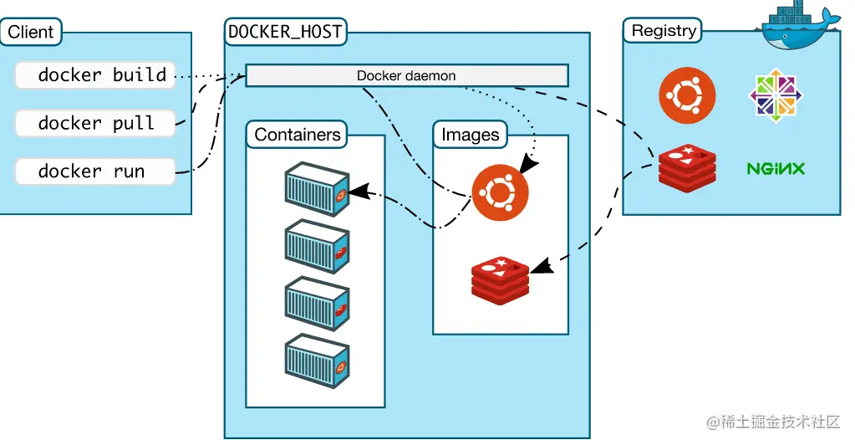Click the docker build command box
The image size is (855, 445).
pyautogui.click(x=95, y=75)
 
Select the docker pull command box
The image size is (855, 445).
pyautogui.click(x=95, y=124)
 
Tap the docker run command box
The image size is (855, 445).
pyautogui.click(x=95, y=171)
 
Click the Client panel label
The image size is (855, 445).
pyautogui.click(x=31, y=33)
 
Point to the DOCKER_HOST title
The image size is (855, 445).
pyautogui.click(x=286, y=32)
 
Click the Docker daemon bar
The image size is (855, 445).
pyautogui.click(x=406, y=75)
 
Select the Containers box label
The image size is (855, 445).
pyautogui.click(x=298, y=135)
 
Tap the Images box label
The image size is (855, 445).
pyautogui.click(x=470, y=135)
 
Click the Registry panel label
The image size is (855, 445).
pyautogui.click(x=664, y=31)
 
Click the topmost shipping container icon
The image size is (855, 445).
pyautogui.click(x=317, y=188)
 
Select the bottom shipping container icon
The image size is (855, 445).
pyautogui.click(x=317, y=361)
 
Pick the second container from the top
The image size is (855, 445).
pyautogui.click(x=317, y=246)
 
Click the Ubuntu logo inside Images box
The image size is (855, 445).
pyautogui.click(x=500, y=192)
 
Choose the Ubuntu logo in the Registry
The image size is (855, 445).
pyautogui.click(x=686, y=95)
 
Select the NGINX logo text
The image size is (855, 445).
pyautogui.click(x=775, y=169)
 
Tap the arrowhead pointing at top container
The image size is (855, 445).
pyautogui.click(x=356, y=192)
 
